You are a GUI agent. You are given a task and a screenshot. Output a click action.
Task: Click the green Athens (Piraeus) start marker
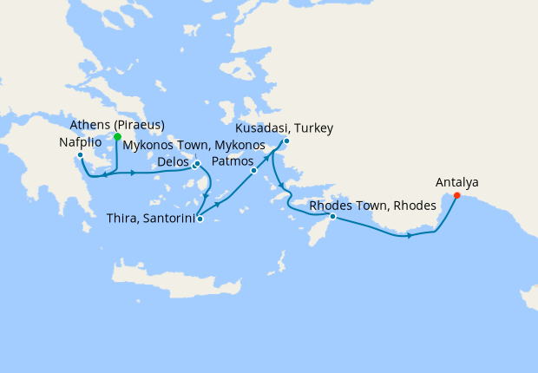[x=117, y=136]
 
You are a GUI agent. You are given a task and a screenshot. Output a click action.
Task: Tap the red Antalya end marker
[x=457, y=195]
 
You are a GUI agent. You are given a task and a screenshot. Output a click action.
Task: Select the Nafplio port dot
[x=80, y=156]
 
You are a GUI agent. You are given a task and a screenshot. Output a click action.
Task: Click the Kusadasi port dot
[x=286, y=141]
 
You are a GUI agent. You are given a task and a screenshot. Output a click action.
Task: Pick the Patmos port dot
[x=253, y=171]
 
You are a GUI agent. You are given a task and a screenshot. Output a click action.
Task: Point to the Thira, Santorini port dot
[x=200, y=219]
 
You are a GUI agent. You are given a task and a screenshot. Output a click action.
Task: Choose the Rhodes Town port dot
[x=332, y=216]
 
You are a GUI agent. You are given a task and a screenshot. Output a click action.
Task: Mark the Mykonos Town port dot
[x=198, y=162]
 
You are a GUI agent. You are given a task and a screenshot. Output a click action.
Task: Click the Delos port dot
[x=194, y=165]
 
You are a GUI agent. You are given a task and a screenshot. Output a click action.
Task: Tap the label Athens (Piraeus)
[x=117, y=124]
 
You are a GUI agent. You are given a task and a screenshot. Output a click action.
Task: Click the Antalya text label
[x=456, y=182]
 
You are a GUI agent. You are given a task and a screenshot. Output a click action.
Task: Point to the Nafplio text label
[x=84, y=142]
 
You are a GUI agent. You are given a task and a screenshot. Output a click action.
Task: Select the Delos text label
[x=174, y=162]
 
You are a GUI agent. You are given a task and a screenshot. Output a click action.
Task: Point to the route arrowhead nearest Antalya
[x=408, y=235]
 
